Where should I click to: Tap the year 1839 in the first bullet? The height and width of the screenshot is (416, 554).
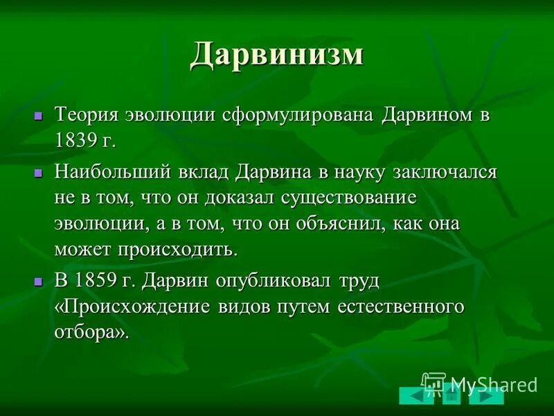78,141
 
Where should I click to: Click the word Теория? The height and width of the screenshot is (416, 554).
87,114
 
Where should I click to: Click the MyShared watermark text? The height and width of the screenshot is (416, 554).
493,384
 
